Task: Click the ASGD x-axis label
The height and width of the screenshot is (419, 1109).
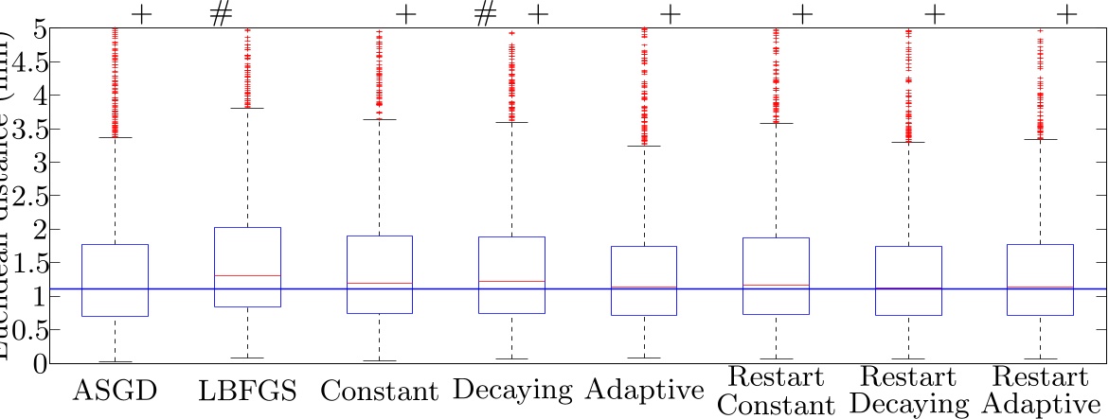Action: coord(115,390)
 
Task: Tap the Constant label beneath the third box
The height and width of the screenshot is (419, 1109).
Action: coord(379,391)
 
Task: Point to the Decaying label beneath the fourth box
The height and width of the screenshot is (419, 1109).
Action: coord(512,391)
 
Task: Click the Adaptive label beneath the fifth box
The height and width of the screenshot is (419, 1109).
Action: coord(644,391)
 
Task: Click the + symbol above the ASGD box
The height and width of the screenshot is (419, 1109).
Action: coord(141,15)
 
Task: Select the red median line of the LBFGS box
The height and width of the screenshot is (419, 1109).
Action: coord(247,275)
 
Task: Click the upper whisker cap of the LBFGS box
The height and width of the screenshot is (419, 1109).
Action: coord(247,108)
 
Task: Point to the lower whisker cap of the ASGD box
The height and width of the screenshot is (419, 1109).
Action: coord(115,361)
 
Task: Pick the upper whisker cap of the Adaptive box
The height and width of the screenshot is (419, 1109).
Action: coord(644,146)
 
